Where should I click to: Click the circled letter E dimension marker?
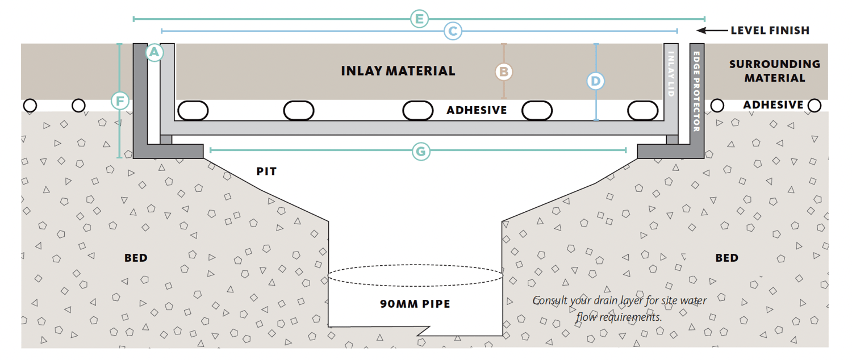(419, 19)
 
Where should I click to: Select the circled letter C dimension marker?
(453, 31)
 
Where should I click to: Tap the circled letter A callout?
(154, 53)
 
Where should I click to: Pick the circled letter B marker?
(503, 72)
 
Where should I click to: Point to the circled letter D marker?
(595, 81)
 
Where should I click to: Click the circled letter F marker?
(120, 102)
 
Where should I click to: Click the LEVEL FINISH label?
(770, 31)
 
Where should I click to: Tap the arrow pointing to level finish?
(710, 31)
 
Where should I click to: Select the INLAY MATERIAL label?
(398, 71)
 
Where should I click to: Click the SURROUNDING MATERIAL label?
(775, 71)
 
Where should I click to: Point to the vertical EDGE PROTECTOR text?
(697, 91)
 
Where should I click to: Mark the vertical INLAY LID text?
(671, 74)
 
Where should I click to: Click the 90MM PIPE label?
(415, 304)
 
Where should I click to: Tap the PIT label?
(266, 171)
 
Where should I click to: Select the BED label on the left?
(136, 258)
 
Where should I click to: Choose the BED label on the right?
(726, 258)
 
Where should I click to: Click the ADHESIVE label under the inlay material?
(476, 110)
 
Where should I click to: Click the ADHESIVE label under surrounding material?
(773, 105)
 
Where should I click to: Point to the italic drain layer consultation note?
(619, 308)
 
